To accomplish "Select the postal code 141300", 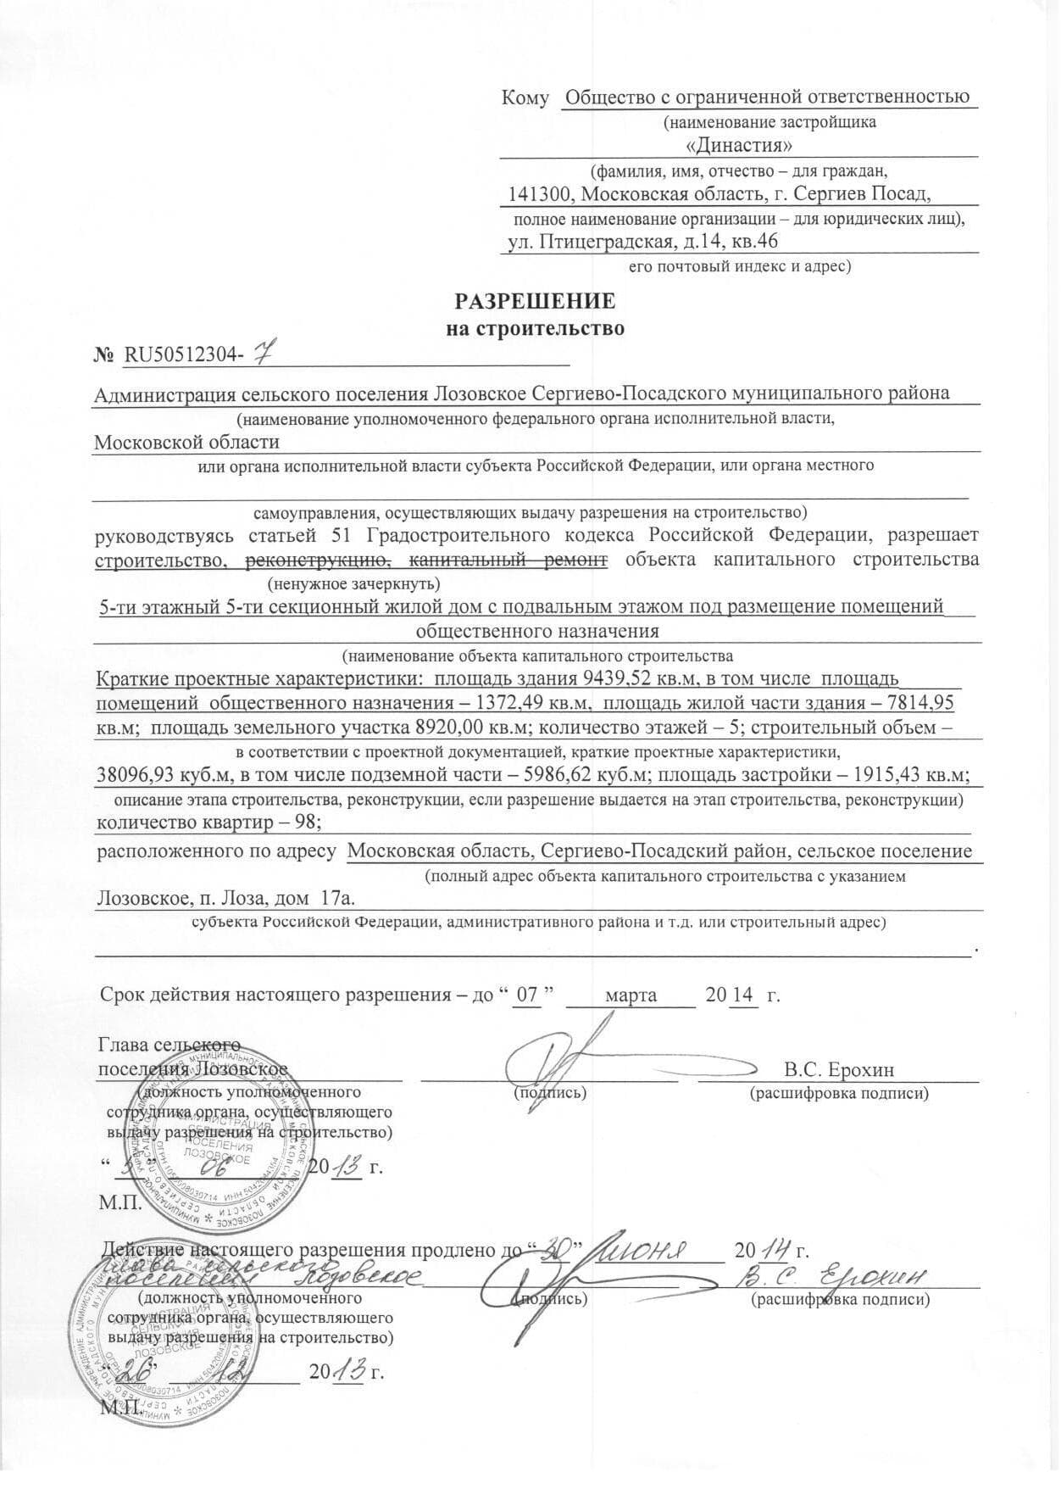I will point(536,194).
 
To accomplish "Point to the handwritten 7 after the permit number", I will point(264,354).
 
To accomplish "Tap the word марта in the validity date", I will point(630,995).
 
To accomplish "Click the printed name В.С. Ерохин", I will point(839,1069).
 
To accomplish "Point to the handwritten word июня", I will point(654,1250).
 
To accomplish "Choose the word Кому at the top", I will point(525,98).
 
